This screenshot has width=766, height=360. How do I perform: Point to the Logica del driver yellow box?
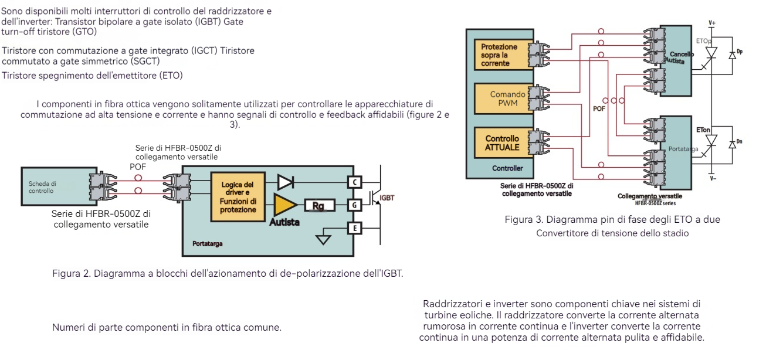tap(238, 197)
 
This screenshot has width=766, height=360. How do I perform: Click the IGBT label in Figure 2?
tap(387, 198)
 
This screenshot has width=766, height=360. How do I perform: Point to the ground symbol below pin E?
tap(323, 239)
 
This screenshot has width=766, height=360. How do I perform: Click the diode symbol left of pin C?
tap(285, 182)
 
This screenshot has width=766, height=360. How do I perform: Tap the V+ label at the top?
tap(712, 23)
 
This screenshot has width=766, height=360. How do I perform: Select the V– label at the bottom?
tap(712, 178)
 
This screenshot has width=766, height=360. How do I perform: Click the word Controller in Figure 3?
tap(507, 168)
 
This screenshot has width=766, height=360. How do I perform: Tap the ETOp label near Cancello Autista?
tap(703, 42)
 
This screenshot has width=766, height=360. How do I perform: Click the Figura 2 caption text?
tap(228, 274)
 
